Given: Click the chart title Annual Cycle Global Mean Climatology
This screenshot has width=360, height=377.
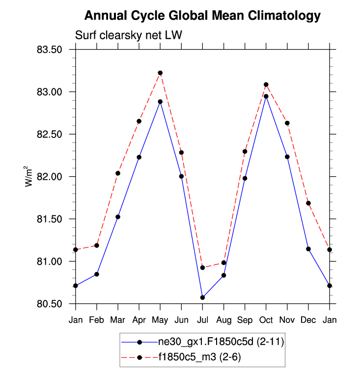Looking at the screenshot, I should pyautogui.click(x=202, y=16).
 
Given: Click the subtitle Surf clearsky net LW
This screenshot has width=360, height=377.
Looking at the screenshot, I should pyautogui.click(x=129, y=35).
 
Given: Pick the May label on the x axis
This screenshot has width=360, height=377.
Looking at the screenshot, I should pyautogui.click(x=160, y=321).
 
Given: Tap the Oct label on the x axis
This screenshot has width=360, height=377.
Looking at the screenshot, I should pyautogui.click(x=266, y=321).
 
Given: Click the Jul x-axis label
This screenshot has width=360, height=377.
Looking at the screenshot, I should pyautogui.click(x=202, y=321).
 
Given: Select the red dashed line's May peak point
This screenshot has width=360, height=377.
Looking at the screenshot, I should pyautogui.click(x=160, y=73).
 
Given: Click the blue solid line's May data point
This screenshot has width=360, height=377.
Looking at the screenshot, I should pyautogui.click(x=160, y=102).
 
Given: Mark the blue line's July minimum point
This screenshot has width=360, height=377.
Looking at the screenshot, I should pyautogui.click(x=202, y=297).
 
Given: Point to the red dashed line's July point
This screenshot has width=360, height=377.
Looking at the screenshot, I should pyautogui.click(x=202, y=268).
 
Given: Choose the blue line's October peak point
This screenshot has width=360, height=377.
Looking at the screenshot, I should pyautogui.click(x=266, y=96).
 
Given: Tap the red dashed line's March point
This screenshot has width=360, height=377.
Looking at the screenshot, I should pyautogui.click(x=118, y=173).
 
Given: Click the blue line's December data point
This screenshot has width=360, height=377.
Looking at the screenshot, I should pyautogui.click(x=308, y=249).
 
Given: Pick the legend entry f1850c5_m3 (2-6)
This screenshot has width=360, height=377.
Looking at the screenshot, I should pyautogui.click(x=199, y=357).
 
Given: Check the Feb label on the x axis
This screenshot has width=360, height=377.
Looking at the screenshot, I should pyautogui.click(x=97, y=321).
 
